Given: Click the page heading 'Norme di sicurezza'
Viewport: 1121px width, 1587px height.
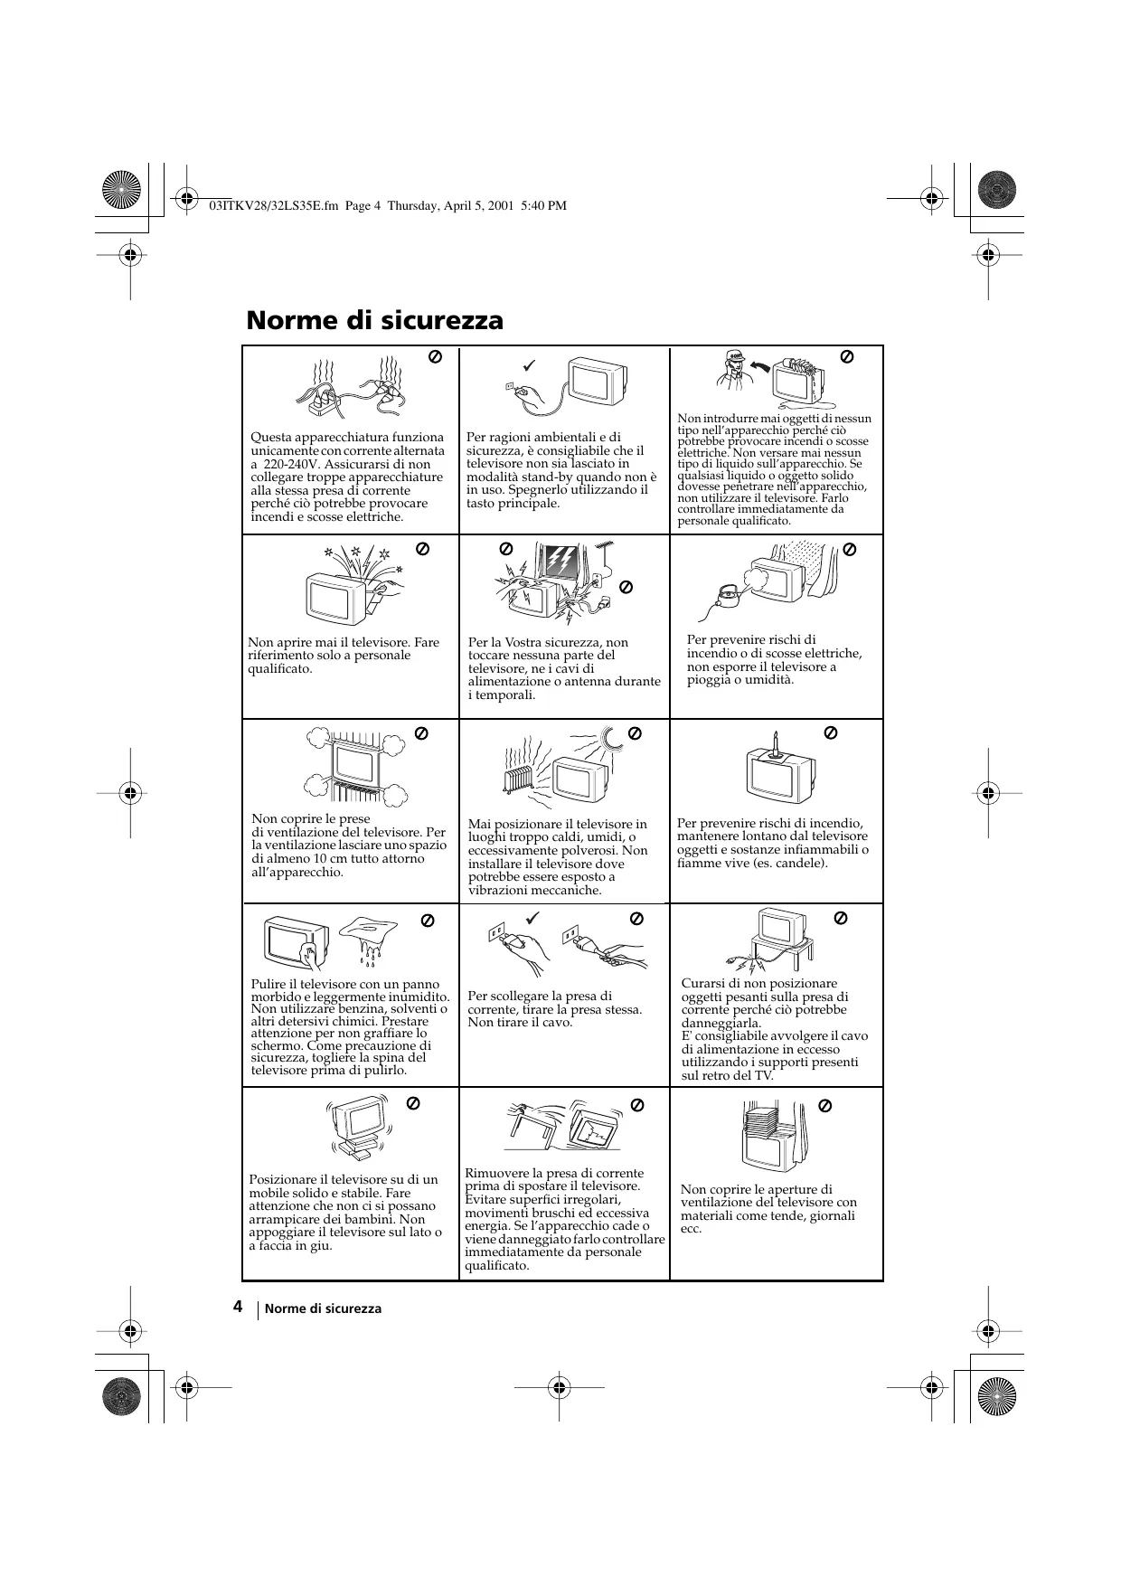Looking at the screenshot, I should coord(374,321).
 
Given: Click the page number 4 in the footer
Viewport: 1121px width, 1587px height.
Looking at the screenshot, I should coord(237,1307).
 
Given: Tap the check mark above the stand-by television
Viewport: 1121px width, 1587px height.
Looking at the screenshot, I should coord(529,365).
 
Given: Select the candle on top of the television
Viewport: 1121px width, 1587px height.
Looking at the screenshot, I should coord(775,743).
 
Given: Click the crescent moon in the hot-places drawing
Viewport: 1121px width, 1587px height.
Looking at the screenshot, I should coord(612,739).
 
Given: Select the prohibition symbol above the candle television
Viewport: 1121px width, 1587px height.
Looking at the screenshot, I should coord(831,732).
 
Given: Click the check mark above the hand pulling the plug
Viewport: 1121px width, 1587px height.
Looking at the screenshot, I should coord(532,918).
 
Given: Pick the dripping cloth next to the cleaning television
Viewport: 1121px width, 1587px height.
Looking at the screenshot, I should coord(369,935).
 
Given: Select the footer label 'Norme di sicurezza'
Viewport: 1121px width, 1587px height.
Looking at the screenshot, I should coord(323,1308).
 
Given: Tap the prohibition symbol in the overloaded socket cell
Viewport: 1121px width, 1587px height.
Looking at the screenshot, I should coord(434,357).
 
